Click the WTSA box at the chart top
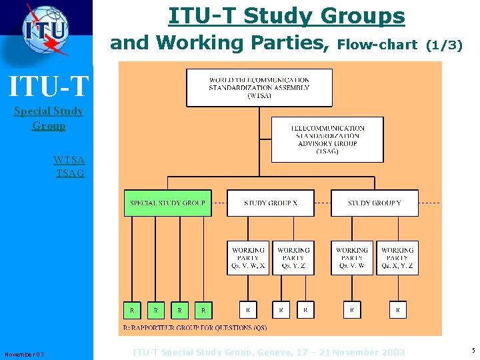click(259, 87)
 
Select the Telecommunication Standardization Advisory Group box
click(327, 139)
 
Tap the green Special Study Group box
click(167, 203)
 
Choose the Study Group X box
click(270, 203)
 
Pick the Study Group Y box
click(374, 203)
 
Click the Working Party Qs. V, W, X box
click(248, 257)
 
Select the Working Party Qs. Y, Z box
click(293, 257)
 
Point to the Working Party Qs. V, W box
click(351, 257)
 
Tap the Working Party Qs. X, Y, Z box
click(397, 257)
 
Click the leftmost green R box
click(132, 310)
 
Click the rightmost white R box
click(397, 310)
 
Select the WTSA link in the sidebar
click(69, 160)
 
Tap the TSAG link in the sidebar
click(70, 173)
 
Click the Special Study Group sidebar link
click(49, 118)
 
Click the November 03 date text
click(24, 354)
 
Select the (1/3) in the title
click(443, 45)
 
